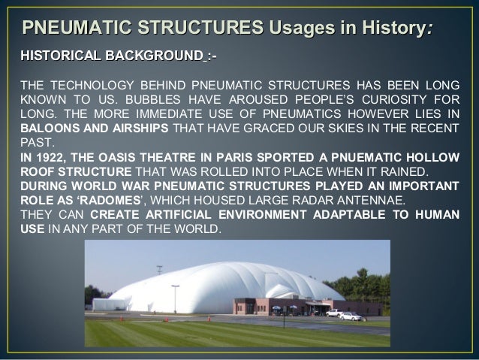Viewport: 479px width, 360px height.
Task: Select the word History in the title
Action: click(x=390, y=29)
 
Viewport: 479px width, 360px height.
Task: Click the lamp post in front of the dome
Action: click(x=175, y=298)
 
